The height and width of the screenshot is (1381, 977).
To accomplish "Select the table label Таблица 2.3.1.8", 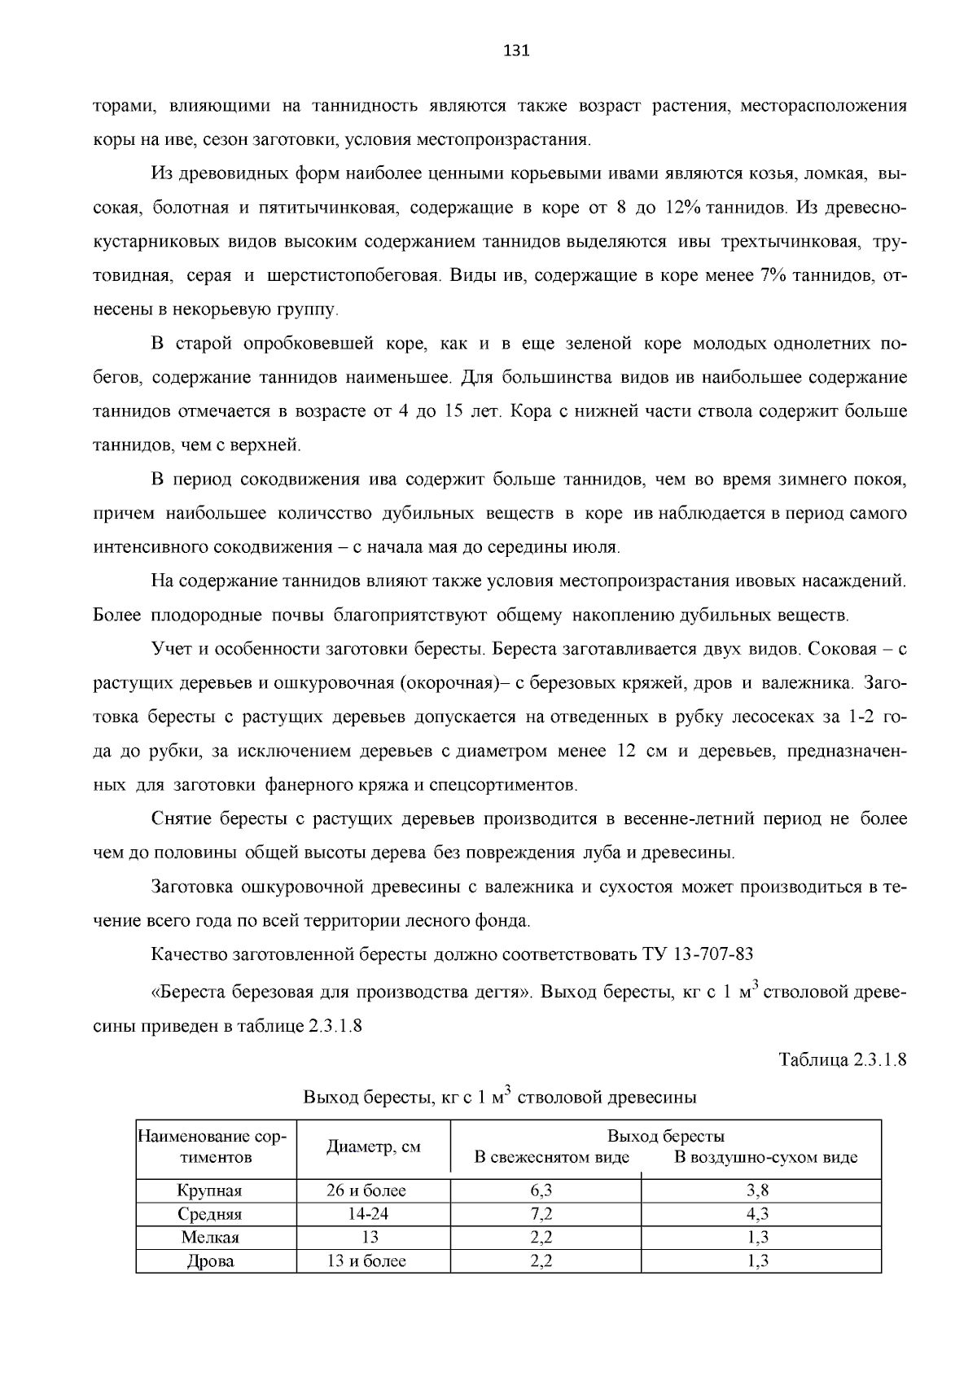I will click(x=843, y=1060).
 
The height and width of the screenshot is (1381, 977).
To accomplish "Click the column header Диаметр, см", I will click(x=374, y=1146).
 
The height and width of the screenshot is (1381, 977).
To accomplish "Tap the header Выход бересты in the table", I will click(x=665, y=1136).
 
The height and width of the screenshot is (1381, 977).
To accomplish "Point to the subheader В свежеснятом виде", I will click(x=552, y=1157).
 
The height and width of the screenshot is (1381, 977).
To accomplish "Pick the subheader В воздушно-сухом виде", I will click(x=765, y=1157).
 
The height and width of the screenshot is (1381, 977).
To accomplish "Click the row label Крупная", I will click(x=210, y=1190).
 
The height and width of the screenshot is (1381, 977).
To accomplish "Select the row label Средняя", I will click(x=210, y=1214).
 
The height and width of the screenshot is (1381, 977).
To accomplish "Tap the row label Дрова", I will click(x=210, y=1261).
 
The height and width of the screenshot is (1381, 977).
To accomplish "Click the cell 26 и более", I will click(x=366, y=1190).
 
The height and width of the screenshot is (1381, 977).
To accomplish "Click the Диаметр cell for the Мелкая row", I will click(x=370, y=1238).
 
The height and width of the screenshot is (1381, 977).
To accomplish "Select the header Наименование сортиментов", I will click(x=216, y=1146).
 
